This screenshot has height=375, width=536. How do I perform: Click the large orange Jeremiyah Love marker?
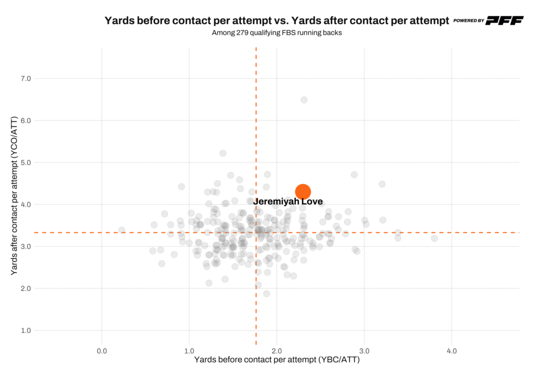click(303, 191)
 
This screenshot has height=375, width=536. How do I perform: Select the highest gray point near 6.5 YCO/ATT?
click(304, 100)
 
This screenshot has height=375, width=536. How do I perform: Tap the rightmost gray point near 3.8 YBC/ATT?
click(434, 238)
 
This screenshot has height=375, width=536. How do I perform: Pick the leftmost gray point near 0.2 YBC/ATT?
click(121, 230)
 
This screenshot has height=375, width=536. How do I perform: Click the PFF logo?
click(504, 20)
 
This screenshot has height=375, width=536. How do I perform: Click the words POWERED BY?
click(468, 21)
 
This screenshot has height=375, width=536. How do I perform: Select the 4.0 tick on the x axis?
click(452, 350)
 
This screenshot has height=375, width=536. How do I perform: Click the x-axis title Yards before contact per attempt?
click(277, 360)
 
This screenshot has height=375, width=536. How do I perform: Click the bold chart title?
click(277, 21)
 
